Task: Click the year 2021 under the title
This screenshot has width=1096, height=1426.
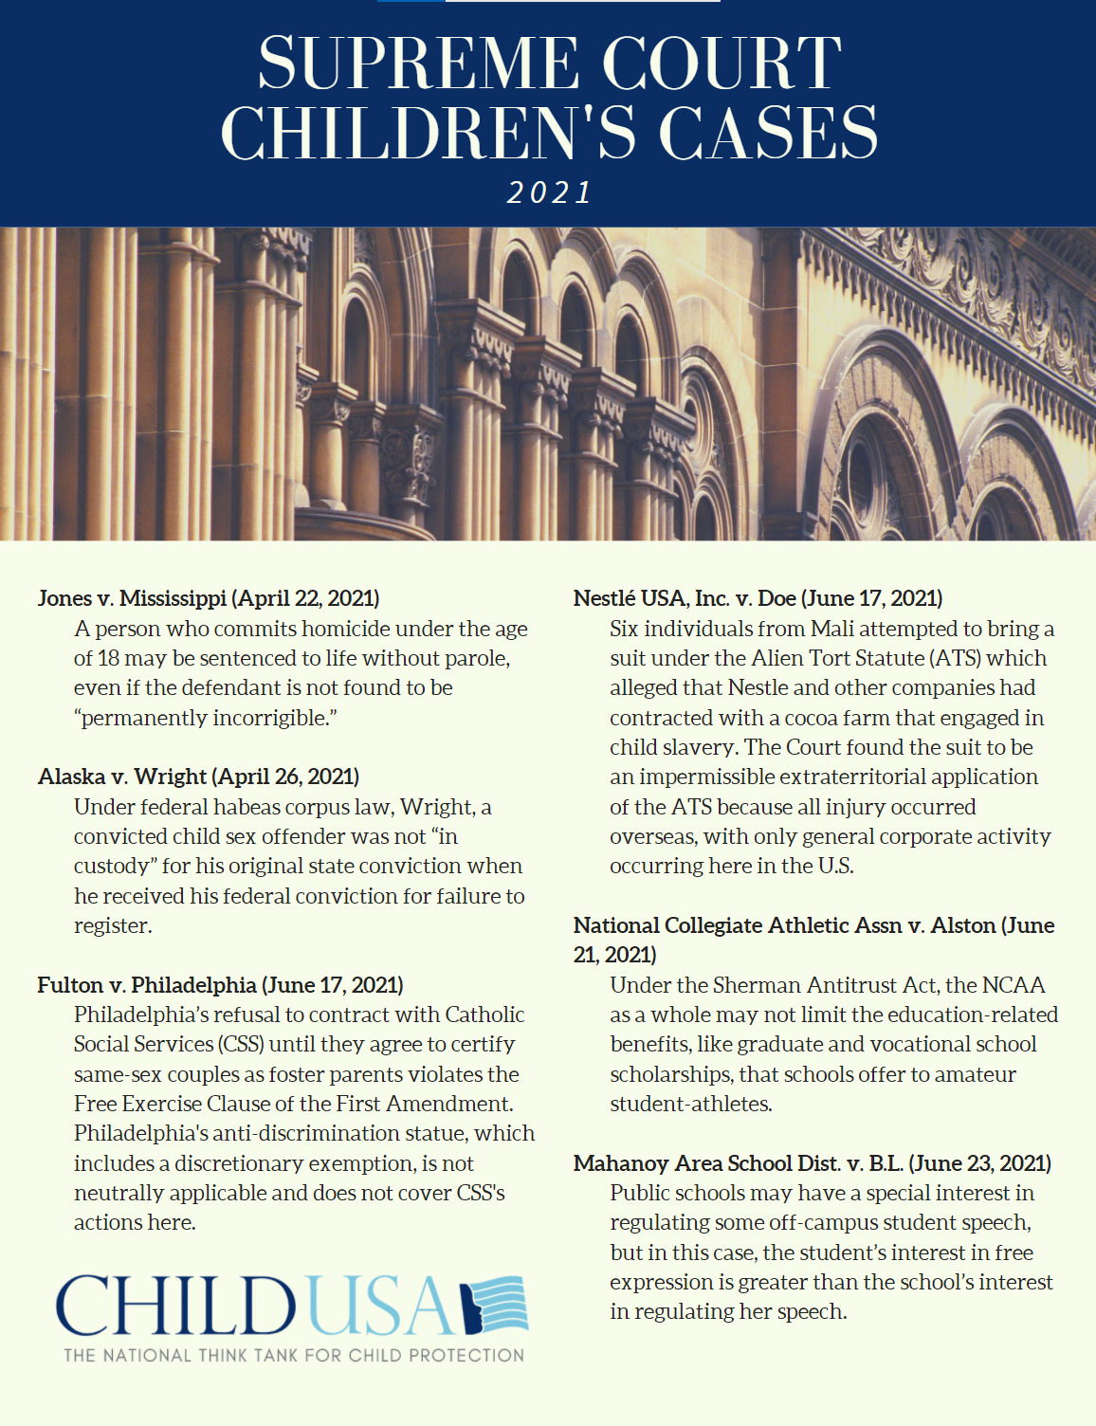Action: tap(549, 192)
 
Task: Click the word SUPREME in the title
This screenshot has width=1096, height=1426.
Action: tap(418, 64)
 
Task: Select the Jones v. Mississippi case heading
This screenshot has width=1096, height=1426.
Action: tap(209, 598)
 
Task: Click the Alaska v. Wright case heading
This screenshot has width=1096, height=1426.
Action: tap(198, 777)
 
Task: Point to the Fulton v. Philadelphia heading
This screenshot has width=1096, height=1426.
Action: tap(220, 985)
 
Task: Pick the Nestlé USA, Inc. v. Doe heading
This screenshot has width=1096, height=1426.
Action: tap(758, 598)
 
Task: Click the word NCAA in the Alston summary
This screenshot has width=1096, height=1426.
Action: tap(1014, 985)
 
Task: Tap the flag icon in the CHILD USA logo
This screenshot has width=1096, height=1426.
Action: tap(495, 1307)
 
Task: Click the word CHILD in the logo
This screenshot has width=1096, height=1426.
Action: tap(176, 1307)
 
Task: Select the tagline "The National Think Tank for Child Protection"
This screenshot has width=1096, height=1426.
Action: tap(294, 1355)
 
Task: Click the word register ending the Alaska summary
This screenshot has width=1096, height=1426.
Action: tap(112, 925)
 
